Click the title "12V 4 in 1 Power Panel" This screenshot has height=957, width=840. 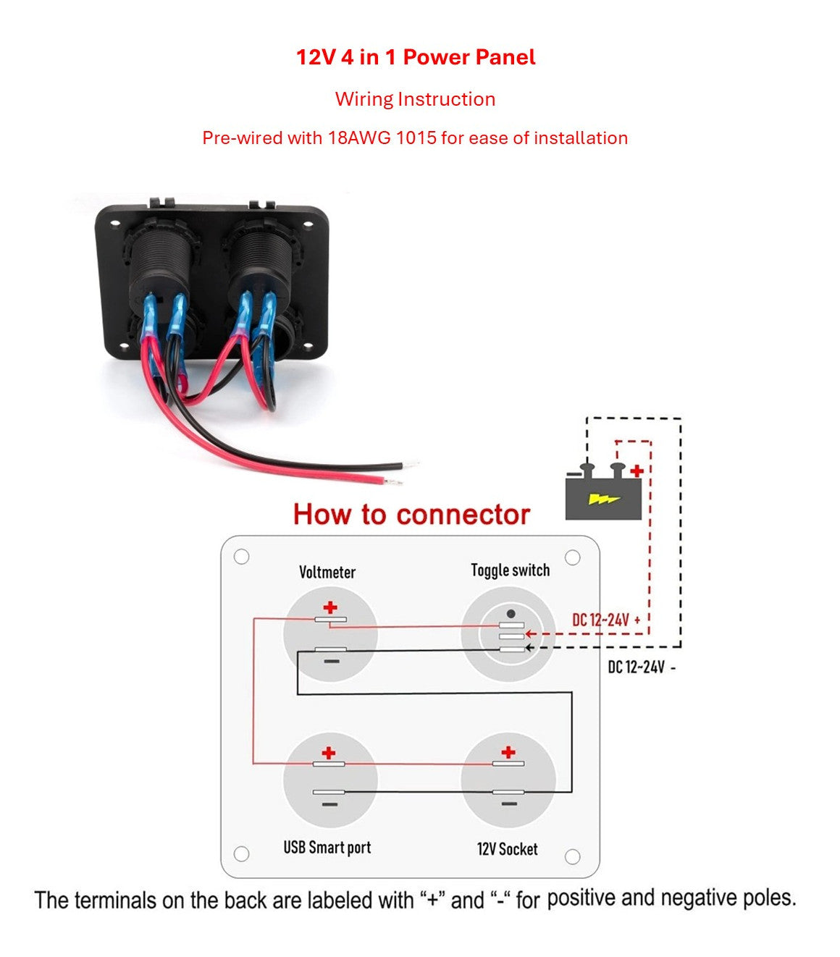click(x=416, y=57)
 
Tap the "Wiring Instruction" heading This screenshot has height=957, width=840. click(x=415, y=99)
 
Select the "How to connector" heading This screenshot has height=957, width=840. click(x=411, y=514)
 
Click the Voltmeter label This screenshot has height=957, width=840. click(x=327, y=572)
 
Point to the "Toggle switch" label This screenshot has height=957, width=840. click(x=510, y=570)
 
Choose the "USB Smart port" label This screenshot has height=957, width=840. click(x=327, y=847)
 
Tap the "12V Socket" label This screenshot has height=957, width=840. click(x=507, y=848)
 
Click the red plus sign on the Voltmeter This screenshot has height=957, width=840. click(x=330, y=607)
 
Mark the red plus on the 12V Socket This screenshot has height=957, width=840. click(x=508, y=751)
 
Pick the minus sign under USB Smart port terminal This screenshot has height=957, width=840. click(x=329, y=804)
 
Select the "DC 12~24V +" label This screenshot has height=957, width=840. click(x=606, y=620)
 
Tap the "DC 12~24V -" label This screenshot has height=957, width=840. click(x=642, y=667)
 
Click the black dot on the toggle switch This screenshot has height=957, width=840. click(x=511, y=614)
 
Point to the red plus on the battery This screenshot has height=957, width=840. click(x=637, y=471)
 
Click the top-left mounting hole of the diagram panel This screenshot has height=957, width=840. click(x=242, y=557)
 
